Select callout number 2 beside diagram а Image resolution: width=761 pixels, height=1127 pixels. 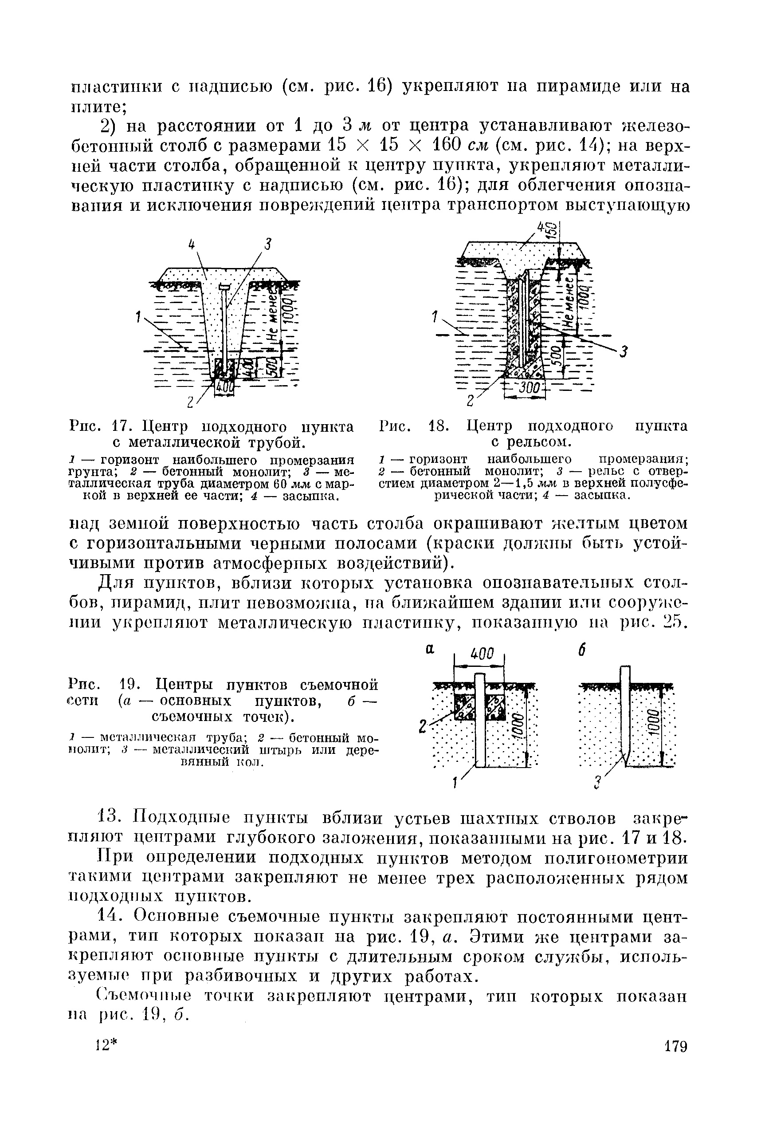[x=422, y=727]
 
